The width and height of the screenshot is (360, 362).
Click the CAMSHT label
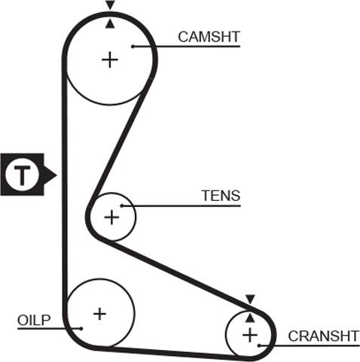[x=209, y=37]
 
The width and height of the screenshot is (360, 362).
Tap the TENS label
[x=221, y=196]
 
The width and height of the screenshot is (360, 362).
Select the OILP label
[x=34, y=320]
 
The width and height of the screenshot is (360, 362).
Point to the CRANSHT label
[x=324, y=336]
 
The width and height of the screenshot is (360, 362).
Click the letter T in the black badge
[x=22, y=175]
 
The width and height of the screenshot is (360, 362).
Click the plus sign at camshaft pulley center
[x=110, y=59]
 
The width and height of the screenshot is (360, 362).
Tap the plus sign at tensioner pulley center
[x=111, y=218]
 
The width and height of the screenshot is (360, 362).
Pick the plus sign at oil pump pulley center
[x=99, y=314]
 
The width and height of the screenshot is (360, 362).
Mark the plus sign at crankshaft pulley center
[x=250, y=335]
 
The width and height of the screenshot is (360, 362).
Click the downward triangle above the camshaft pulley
[x=110, y=5]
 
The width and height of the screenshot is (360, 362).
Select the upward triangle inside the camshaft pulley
[x=110, y=24]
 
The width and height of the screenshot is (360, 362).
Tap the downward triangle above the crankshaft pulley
[x=250, y=299]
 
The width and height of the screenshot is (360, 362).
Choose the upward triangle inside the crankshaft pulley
[x=250, y=318]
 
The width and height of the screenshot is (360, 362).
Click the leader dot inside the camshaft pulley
[x=133, y=46]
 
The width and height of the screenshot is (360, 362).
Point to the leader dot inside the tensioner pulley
[x=122, y=205]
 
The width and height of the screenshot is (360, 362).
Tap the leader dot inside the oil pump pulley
[x=81, y=328]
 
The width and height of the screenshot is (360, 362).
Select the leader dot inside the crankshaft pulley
[x=259, y=345]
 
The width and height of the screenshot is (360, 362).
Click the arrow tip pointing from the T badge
[x=56, y=175]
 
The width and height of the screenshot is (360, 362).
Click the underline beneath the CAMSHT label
[x=187, y=46]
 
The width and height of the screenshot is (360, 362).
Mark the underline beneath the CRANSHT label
[x=310, y=345]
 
